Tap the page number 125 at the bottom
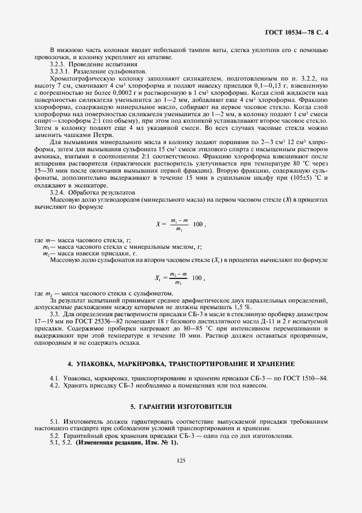[x=181, y=461]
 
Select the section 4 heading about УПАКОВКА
[x=181, y=364]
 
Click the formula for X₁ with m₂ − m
[x=181, y=278]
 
